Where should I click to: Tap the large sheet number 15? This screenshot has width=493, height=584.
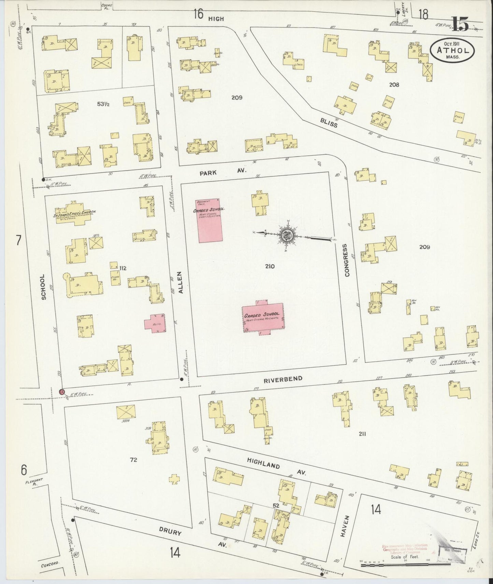(461, 24)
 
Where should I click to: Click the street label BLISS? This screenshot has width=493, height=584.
(329, 122)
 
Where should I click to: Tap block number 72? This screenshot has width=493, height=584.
(133, 460)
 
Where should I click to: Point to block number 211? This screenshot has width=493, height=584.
(362, 434)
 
